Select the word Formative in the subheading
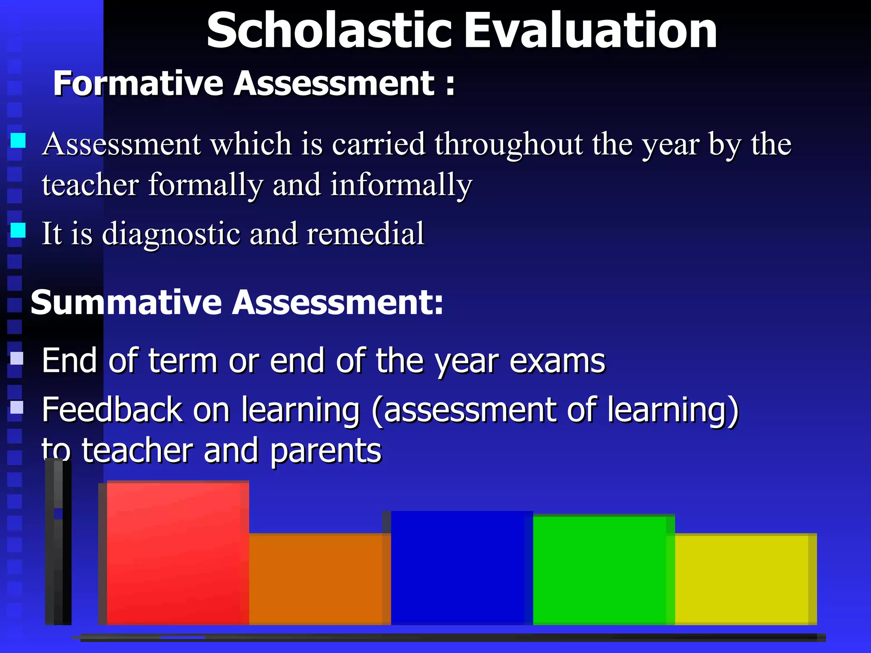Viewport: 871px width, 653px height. point(138,83)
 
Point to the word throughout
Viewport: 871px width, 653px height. point(509,145)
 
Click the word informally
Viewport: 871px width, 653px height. point(401,185)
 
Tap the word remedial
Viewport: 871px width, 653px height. point(365,234)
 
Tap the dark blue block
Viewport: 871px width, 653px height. point(462,568)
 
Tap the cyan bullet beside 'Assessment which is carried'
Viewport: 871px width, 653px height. point(18,140)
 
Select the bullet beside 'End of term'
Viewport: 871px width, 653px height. point(17,358)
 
